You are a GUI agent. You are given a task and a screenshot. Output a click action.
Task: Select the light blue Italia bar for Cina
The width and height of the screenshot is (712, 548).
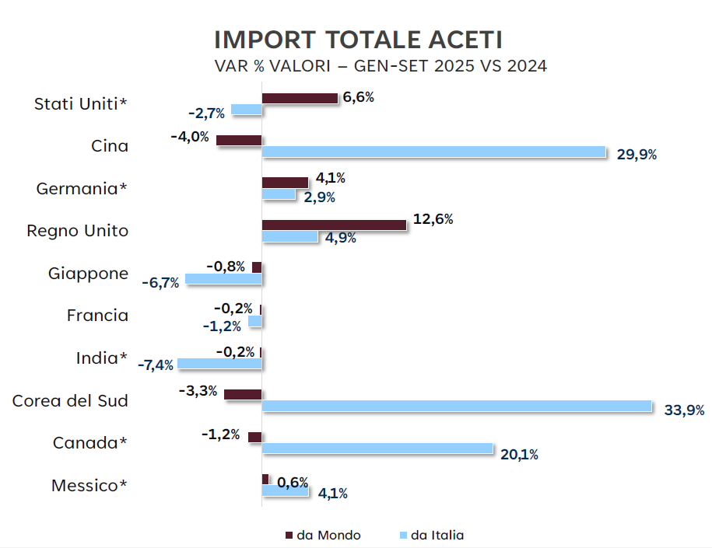pyautogui.click(x=433, y=152)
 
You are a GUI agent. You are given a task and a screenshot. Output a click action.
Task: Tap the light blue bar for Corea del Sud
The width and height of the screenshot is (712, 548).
pyautogui.click(x=456, y=406)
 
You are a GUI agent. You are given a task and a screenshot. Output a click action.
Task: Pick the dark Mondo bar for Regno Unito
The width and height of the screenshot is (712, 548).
pyautogui.click(x=334, y=225)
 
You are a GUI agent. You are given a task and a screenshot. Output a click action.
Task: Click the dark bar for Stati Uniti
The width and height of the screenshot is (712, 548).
pyautogui.click(x=300, y=98)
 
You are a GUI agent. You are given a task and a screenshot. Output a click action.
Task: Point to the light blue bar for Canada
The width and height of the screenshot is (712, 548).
pyautogui.click(x=377, y=449)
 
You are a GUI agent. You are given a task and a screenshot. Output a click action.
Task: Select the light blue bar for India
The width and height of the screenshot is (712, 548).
pyautogui.click(x=219, y=363)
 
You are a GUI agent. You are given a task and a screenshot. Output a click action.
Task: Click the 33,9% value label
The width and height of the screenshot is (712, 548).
pyautogui.click(x=684, y=410)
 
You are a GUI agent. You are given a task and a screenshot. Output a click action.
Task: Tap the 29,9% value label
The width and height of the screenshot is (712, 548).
pyautogui.click(x=637, y=155)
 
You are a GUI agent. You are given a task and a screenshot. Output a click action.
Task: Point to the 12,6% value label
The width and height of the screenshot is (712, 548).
pyautogui.click(x=433, y=220)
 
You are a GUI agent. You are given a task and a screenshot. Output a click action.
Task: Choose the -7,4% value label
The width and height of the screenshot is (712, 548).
pyautogui.click(x=156, y=365)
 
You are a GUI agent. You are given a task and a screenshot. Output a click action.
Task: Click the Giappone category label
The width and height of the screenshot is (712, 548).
pyautogui.click(x=88, y=274)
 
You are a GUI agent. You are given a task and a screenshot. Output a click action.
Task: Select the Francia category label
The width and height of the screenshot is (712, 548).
pyautogui.click(x=97, y=316)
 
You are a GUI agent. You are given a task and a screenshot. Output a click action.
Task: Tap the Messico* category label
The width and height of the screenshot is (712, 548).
pyautogui.click(x=89, y=486)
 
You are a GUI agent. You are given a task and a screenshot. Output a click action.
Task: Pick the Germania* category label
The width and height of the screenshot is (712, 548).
pyautogui.click(x=82, y=189)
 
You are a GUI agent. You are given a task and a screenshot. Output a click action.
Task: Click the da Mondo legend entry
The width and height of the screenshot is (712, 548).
pyautogui.click(x=323, y=535)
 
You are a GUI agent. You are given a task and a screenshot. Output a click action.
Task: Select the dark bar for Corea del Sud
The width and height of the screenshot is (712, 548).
pyautogui.click(x=243, y=394)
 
